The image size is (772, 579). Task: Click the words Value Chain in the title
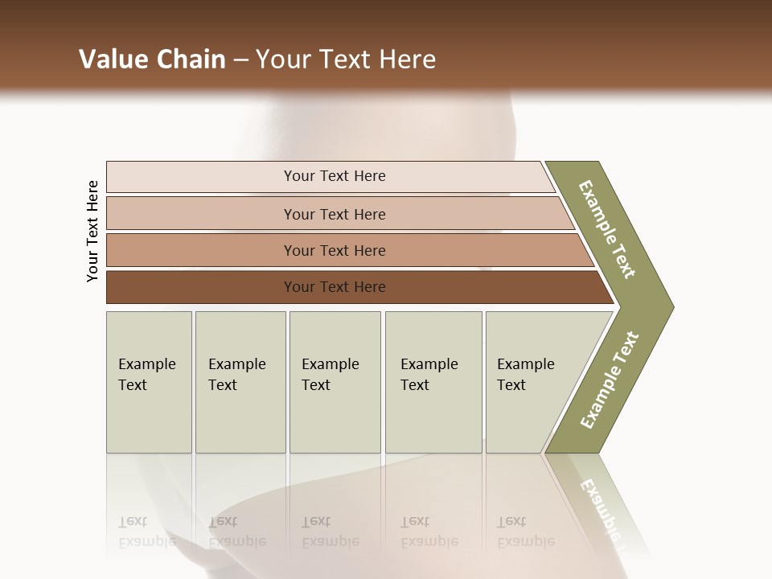click(x=152, y=60)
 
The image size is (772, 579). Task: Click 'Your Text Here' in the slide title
click(x=346, y=60)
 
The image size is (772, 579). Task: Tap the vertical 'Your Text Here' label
click(x=92, y=231)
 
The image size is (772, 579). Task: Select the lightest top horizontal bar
click(x=201, y=176)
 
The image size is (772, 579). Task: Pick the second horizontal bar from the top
click(x=201, y=214)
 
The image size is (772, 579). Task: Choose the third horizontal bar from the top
click(x=201, y=250)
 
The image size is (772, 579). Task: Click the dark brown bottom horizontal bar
click(x=201, y=287)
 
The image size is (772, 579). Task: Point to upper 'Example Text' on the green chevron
click(x=607, y=230)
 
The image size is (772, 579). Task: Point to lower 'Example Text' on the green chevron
click(x=610, y=380)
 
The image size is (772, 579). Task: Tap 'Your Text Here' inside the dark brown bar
click(x=335, y=287)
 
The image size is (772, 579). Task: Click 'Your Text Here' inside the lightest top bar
click(x=335, y=176)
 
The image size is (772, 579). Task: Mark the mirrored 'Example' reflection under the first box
click(x=147, y=541)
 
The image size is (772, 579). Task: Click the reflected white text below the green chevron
click(x=602, y=507)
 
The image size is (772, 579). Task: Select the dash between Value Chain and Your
click(x=240, y=60)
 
